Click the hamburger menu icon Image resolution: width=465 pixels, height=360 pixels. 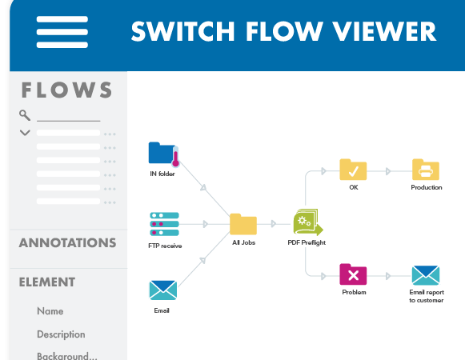(62, 32)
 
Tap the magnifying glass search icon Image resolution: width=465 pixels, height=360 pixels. (25, 115)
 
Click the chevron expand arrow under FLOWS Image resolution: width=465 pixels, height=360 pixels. (25, 133)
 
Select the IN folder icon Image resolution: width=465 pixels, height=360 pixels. (164, 154)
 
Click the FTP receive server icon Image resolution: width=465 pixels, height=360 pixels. (164, 224)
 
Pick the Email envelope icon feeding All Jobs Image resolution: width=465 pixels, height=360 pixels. (163, 290)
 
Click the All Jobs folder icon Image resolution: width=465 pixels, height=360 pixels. (243, 224)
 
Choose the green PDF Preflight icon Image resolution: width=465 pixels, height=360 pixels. (308, 222)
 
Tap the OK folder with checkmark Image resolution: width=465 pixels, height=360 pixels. (353, 170)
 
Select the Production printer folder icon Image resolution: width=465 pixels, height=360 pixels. (426, 170)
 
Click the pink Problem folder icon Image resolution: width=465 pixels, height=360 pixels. (353, 274)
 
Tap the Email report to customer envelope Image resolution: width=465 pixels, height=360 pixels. (426, 275)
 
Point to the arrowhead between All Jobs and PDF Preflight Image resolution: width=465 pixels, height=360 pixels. (274, 224)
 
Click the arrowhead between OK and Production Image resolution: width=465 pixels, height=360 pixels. (388, 171)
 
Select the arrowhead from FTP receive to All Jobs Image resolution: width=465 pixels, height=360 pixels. (206, 224)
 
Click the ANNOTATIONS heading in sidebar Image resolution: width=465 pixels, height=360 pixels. (67, 243)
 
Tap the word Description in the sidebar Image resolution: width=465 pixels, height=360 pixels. (61, 334)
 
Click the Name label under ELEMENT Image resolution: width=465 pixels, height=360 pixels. (50, 311)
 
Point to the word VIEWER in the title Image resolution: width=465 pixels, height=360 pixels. (384, 31)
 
